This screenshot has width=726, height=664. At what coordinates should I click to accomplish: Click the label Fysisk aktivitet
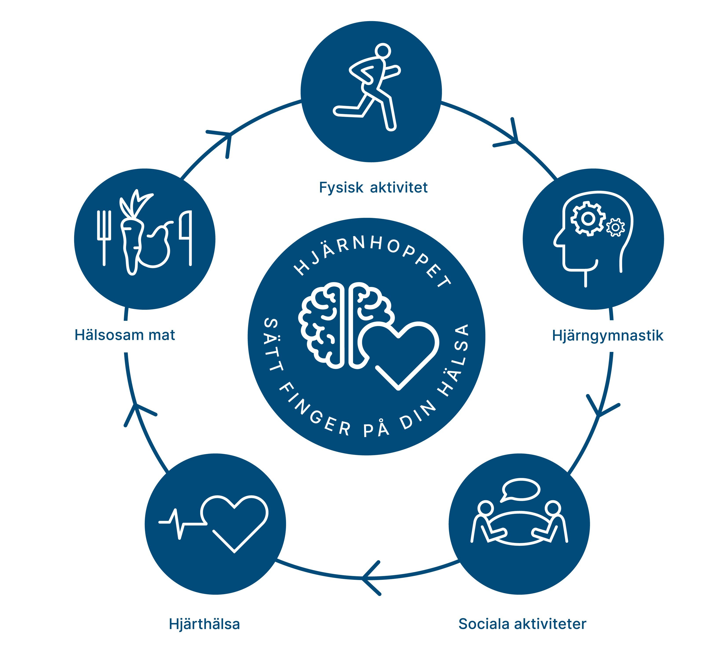point(373,188)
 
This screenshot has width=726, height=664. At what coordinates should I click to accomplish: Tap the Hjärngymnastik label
point(607,336)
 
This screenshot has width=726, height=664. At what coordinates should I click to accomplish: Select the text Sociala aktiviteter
point(522,624)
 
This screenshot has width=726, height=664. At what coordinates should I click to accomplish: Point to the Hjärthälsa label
point(204,624)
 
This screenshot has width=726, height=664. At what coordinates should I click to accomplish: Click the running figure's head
point(382,51)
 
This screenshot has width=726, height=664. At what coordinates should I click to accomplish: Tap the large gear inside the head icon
point(588,219)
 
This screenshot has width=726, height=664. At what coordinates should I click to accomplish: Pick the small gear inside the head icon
point(615,227)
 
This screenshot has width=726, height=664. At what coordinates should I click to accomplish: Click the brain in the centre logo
point(335,324)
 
